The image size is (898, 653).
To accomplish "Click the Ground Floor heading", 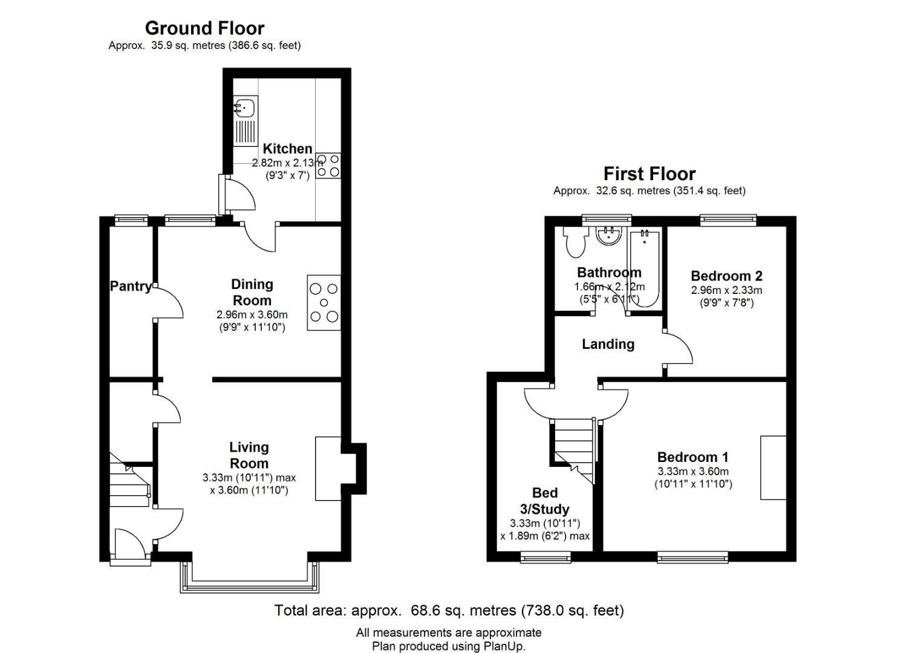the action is coord(204,28).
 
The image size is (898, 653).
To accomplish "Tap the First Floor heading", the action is coord(649,174).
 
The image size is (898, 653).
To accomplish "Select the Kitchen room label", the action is coord(287,149).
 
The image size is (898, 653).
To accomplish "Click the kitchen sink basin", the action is coord(244,107).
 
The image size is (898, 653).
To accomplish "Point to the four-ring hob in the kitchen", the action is coord(328,166).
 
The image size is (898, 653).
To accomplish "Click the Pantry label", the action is coord(131,286).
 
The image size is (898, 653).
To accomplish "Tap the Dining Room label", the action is coord(252,292).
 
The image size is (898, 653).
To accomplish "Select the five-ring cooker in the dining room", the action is coord(324,303).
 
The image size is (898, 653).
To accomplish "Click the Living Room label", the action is coord(249,455).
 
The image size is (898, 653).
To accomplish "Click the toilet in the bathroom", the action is coord(575,242).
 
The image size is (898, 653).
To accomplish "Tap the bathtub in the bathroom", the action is coord(644,268).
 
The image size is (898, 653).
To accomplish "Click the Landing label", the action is coord(608,344).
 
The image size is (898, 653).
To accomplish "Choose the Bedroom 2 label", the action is coord(726,276).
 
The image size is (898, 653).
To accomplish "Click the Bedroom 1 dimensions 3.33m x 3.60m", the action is coord(693,472).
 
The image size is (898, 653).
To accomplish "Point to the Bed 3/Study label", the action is coord(545,501).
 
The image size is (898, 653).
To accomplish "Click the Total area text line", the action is coord(449,610).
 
